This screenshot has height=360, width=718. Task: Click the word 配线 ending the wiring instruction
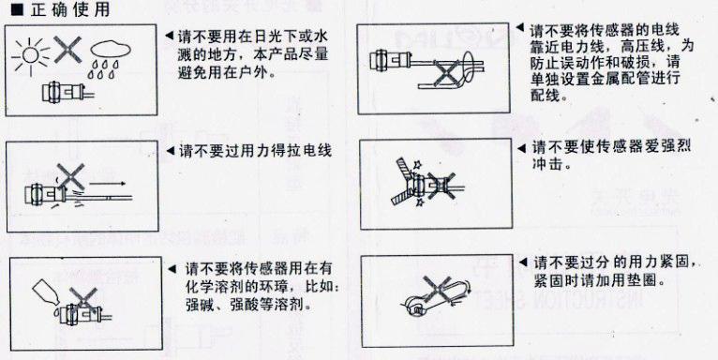pos(544,95)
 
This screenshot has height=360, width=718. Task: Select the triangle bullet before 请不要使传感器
pos(522,148)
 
